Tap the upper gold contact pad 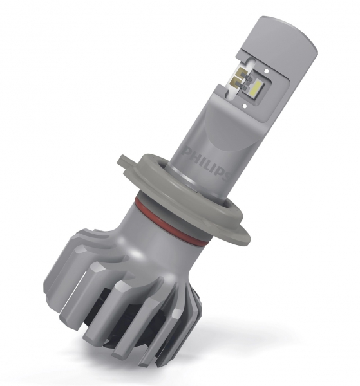tap(240, 74)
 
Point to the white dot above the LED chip tap(267, 71)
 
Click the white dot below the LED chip tap(245, 106)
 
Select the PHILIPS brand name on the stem tap(207, 163)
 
